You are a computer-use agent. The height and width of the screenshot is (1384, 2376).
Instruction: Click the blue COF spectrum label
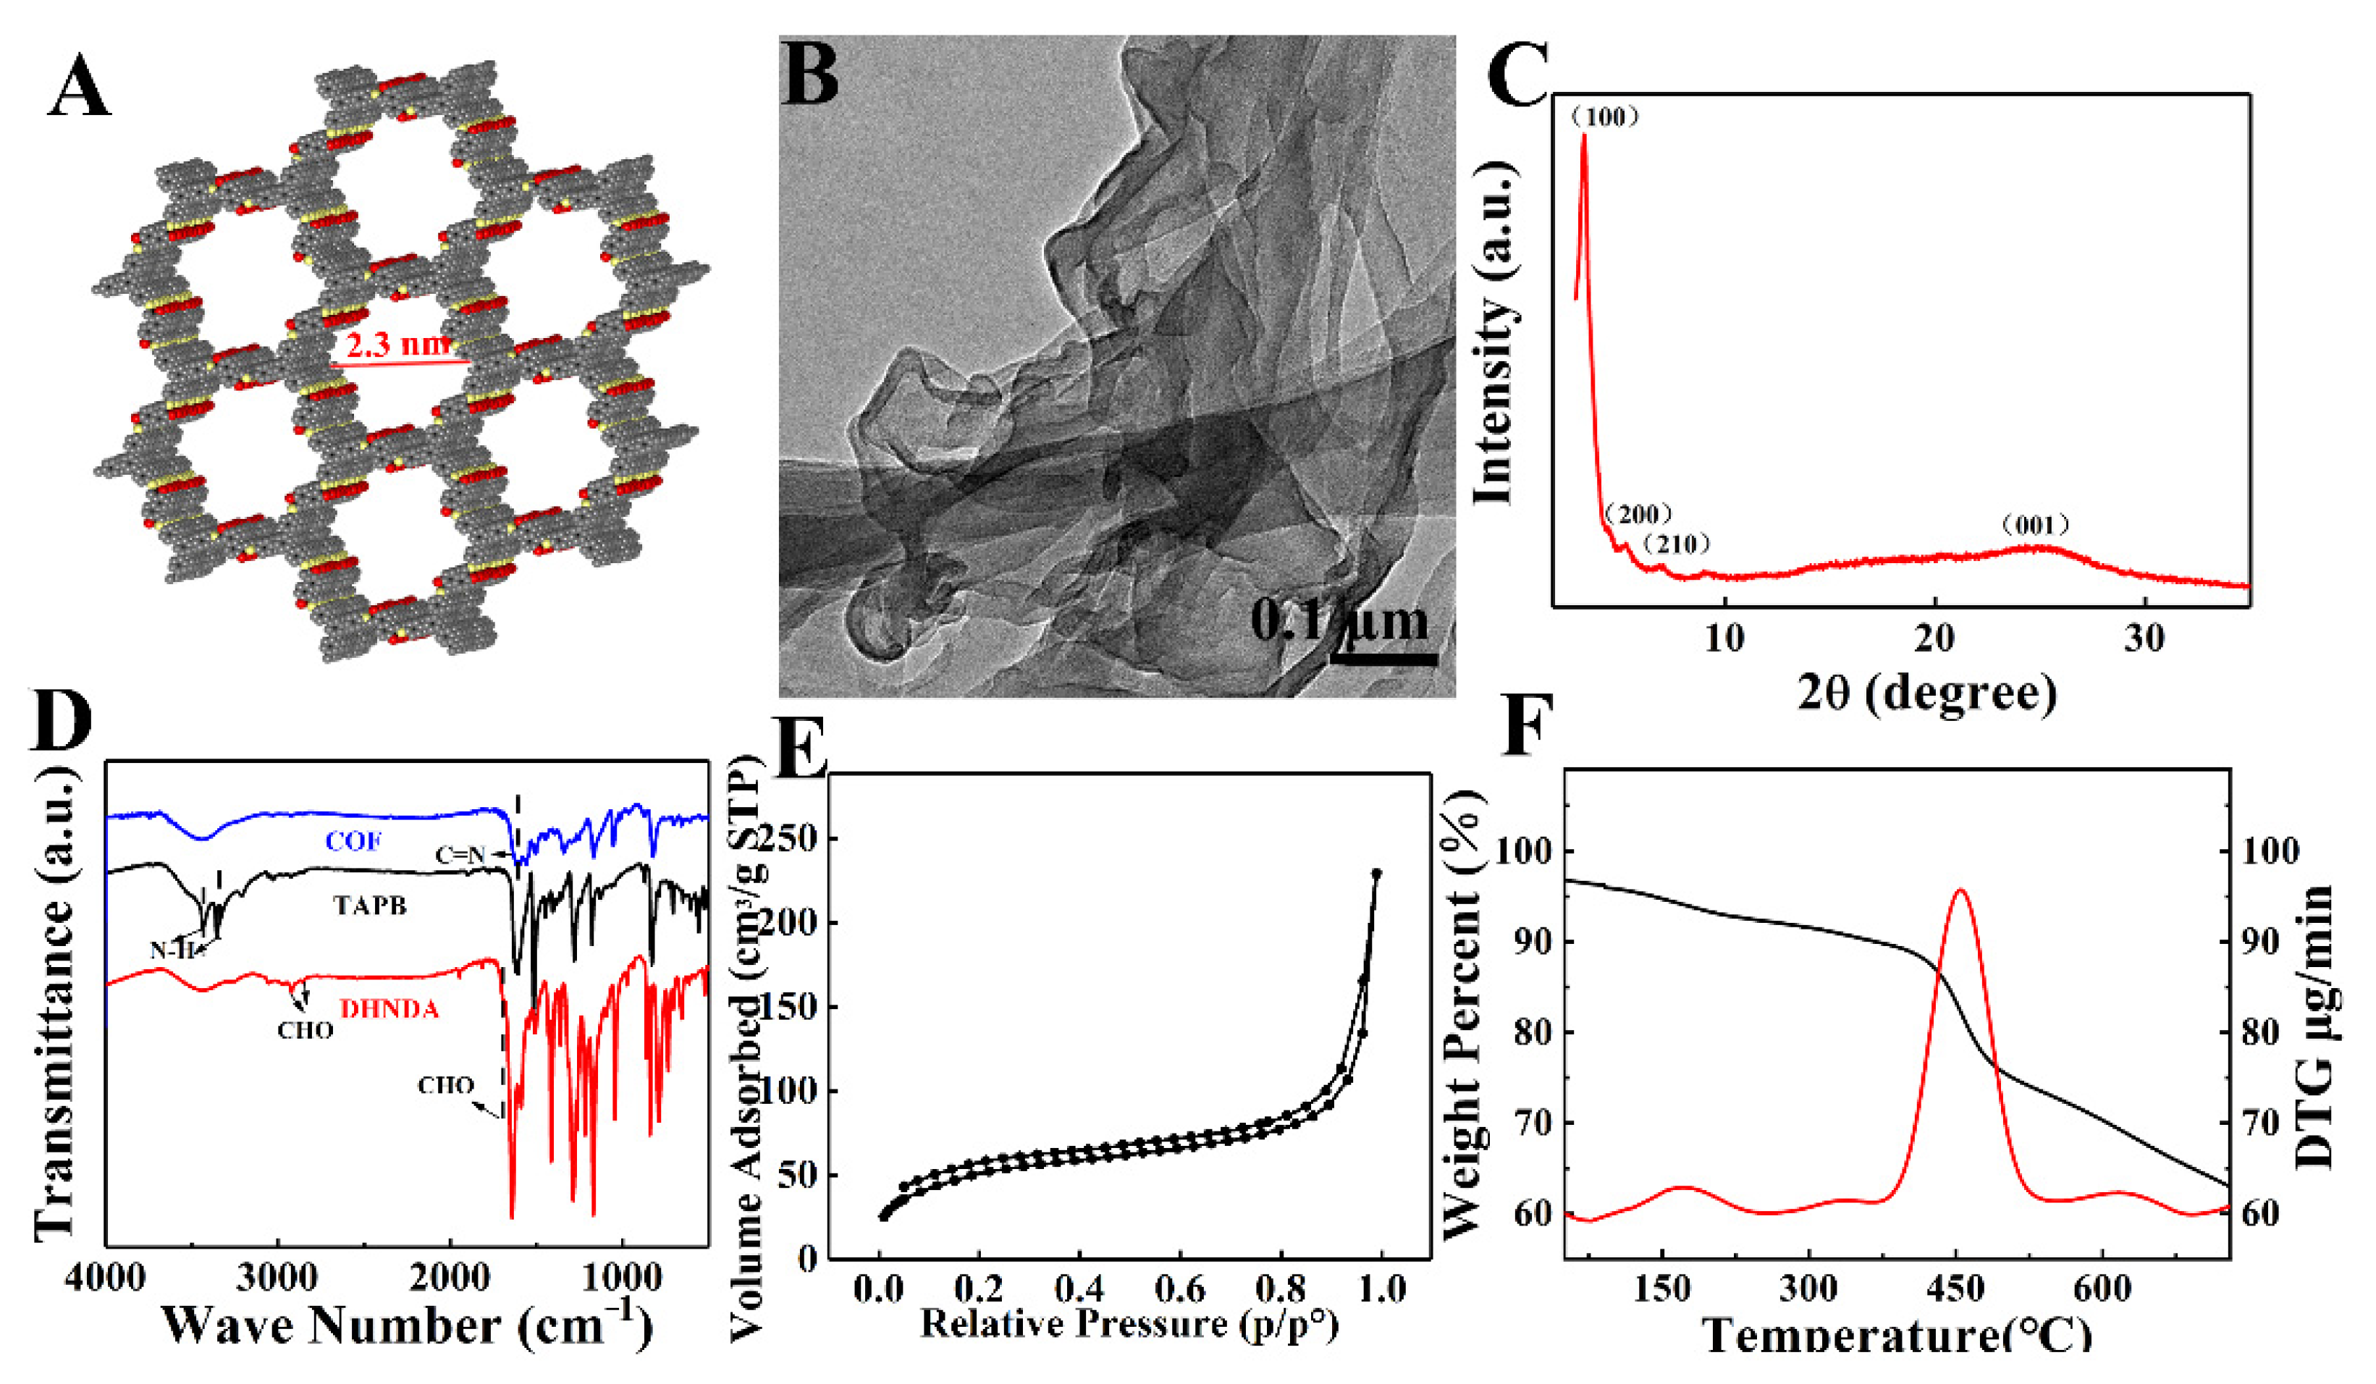[x=353, y=841]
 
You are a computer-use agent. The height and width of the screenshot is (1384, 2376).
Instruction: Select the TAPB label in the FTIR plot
[x=370, y=905]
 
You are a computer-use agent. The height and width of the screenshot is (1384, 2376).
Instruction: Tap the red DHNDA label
[x=389, y=1010]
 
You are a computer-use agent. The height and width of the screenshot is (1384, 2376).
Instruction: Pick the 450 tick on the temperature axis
[x=1955, y=1288]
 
